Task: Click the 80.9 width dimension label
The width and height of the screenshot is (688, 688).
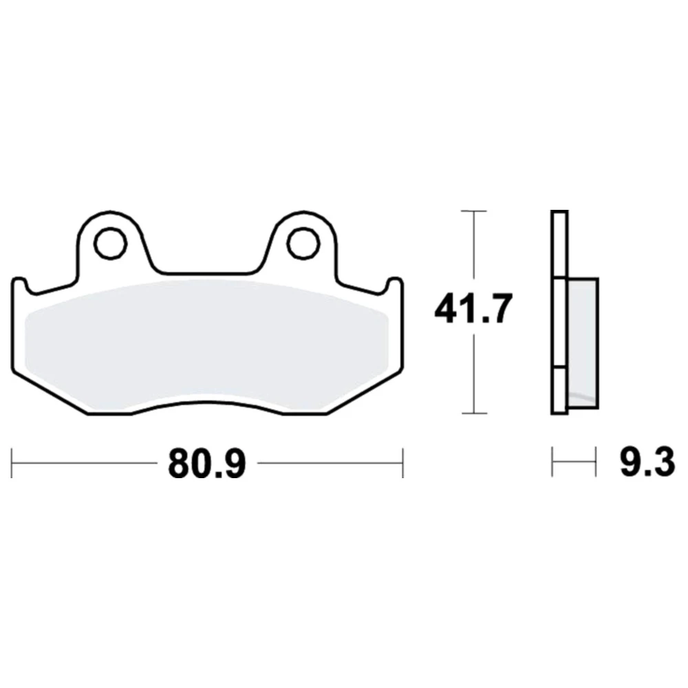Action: [206, 463]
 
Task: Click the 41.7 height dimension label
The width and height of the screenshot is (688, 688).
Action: [473, 310]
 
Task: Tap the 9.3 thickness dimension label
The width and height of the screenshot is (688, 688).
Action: [647, 463]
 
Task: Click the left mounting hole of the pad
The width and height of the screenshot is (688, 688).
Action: [111, 243]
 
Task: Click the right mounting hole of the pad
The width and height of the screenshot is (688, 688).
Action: [303, 243]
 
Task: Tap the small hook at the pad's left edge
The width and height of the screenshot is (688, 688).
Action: [19, 286]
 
